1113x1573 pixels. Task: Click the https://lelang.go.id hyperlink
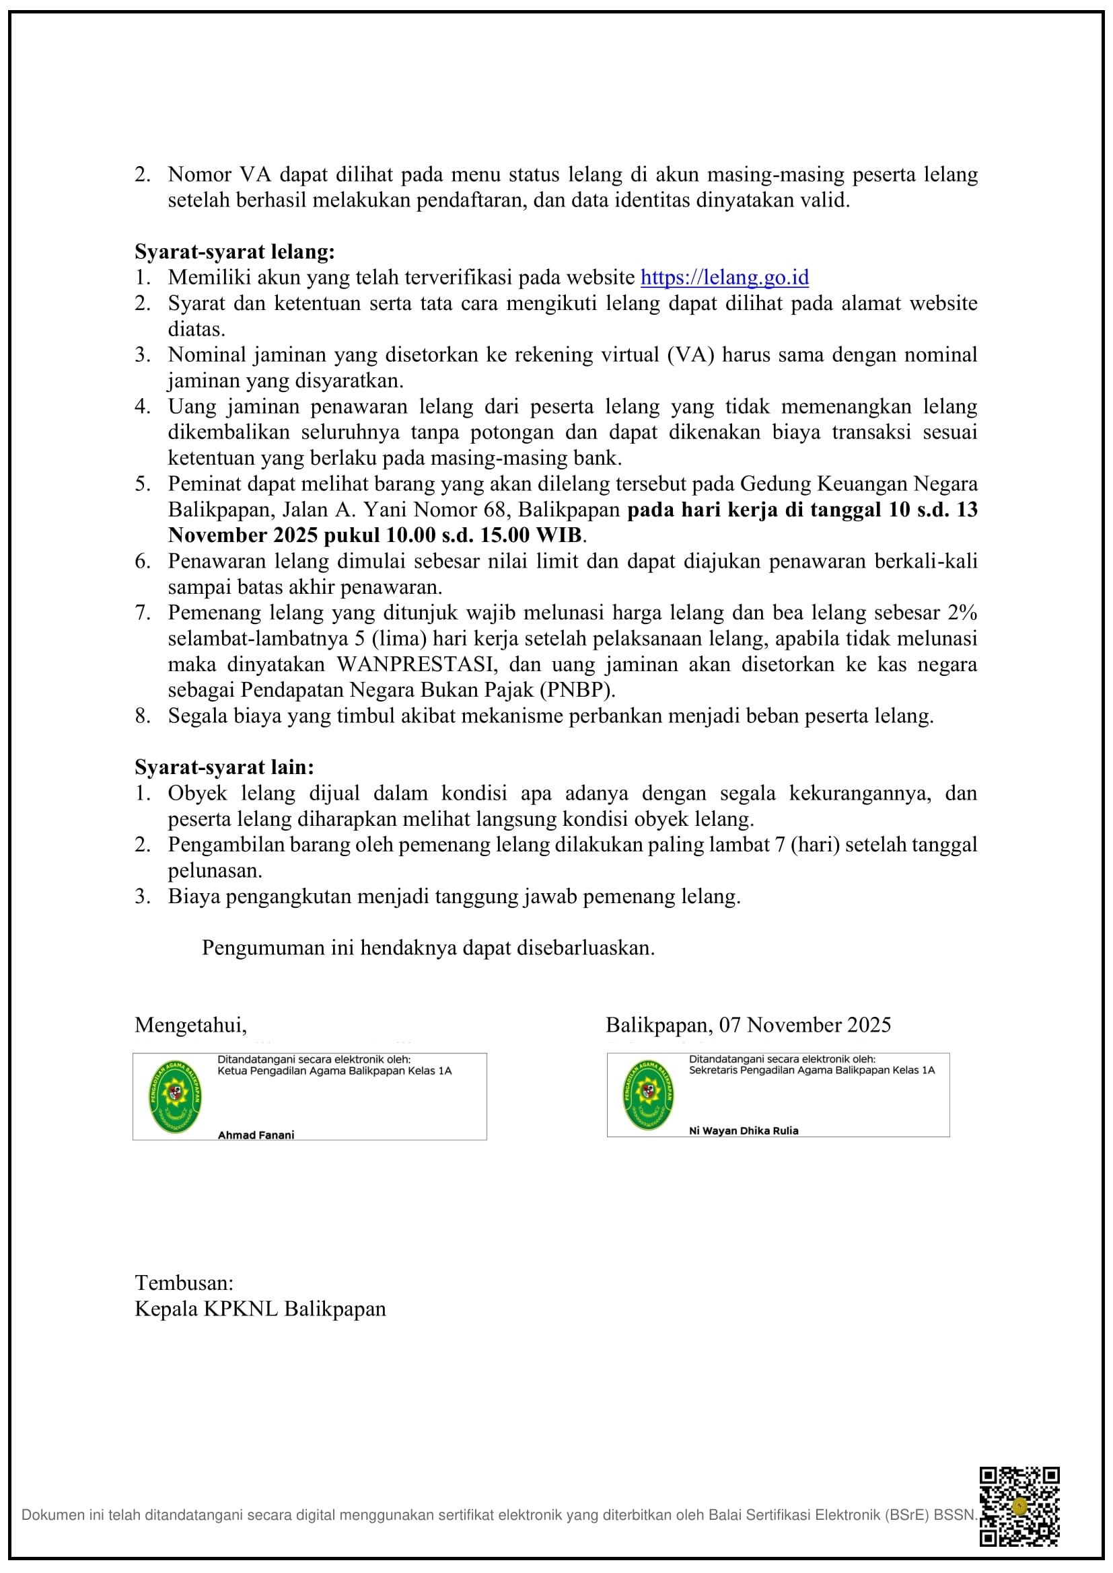(725, 278)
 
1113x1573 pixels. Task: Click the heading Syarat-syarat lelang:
(234, 252)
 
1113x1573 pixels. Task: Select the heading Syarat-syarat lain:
(224, 767)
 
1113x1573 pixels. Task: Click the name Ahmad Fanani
(256, 1135)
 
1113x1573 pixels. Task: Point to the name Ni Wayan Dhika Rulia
(744, 1131)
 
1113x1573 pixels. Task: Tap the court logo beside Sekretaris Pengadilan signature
(647, 1095)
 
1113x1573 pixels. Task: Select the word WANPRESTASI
(415, 664)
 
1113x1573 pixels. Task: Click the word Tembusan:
(184, 1283)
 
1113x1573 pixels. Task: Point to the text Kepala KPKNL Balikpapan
(260, 1309)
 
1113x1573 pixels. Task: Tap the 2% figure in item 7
(962, 613)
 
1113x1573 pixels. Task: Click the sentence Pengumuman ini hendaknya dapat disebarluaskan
(429, 948)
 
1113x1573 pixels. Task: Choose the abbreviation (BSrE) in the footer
(904, 1514)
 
